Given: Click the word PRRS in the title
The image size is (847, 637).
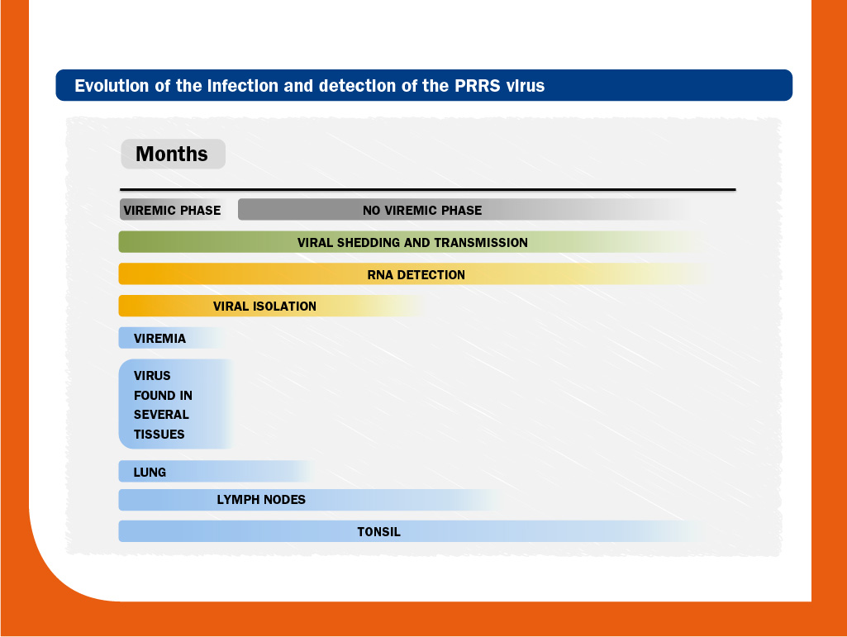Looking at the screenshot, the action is (x=477, y=86).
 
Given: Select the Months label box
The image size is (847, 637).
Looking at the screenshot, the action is (x=173, y=154).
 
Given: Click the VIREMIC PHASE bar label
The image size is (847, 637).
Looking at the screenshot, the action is (x=172, y=210).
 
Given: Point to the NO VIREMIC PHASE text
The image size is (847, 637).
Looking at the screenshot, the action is (x=422, y=210).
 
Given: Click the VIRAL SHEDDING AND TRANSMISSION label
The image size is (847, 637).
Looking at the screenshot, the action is (x=412, y=243).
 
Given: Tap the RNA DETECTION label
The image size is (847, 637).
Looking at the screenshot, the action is (x=416, y=274).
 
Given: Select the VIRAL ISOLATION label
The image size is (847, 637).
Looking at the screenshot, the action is (x=264, y=307).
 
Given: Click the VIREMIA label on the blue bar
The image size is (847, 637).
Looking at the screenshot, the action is (x=159, y=338).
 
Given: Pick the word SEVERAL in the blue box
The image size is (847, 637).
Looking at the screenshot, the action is (x=161, y=415).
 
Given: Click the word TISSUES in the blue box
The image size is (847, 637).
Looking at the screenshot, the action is (x=159, y=434).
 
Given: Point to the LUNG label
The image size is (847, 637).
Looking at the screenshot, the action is (x=150, y=473).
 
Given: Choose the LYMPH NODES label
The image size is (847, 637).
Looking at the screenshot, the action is (x=261, y=500).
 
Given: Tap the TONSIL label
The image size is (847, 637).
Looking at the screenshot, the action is (x=378, y=531).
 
